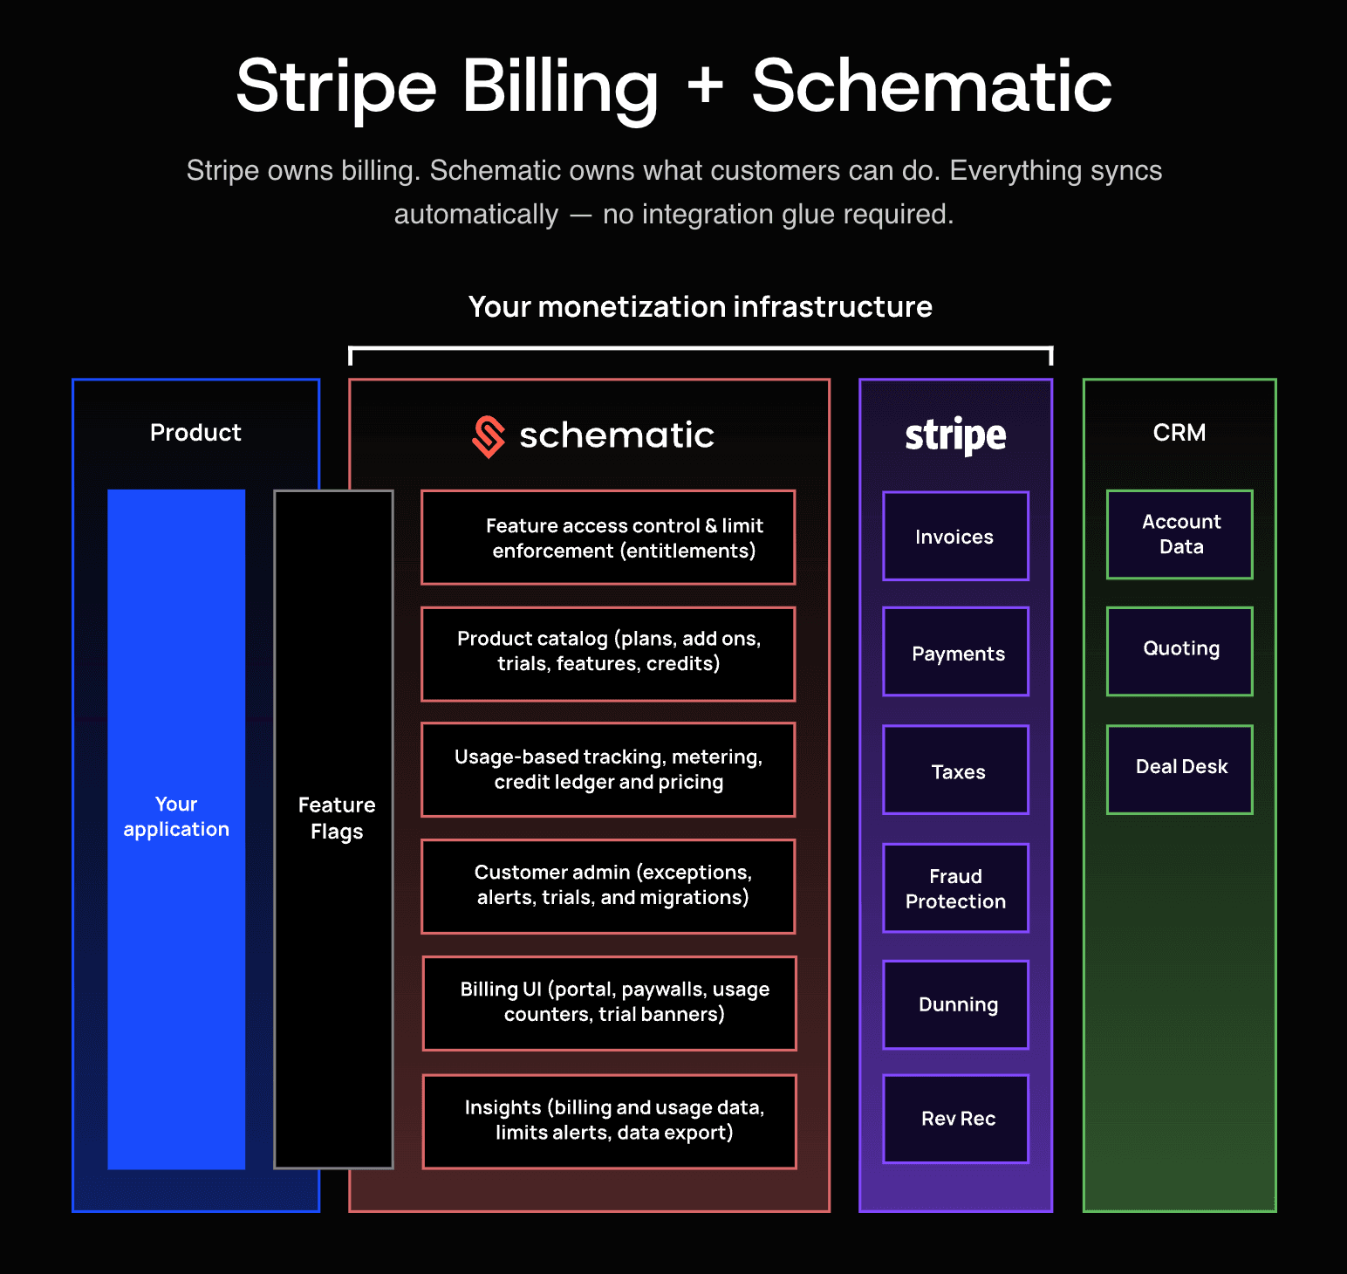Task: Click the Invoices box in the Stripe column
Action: [955, 536]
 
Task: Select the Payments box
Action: [955, 652]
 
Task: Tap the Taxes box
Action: [955, 770]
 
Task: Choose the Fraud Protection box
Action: [955, 888]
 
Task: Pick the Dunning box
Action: [955, 1004]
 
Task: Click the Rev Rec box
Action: [955, 1119]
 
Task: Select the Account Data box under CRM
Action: [1179, 534]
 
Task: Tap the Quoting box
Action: [1179, 651]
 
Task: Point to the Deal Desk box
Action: [1179, 770]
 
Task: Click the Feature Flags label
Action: [337, 818]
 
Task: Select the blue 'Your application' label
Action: [176, 817]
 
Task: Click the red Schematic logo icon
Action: [489, 436]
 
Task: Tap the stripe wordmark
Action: [955, 435]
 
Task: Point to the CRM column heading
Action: [1179, 433]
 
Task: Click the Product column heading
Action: [195, 433]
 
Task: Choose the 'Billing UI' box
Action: [610, 1003]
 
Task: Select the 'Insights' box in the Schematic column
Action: [610, 1121]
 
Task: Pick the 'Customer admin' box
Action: [608, 887]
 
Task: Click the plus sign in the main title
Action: [705, 87]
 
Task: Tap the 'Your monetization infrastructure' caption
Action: [701, 307]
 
